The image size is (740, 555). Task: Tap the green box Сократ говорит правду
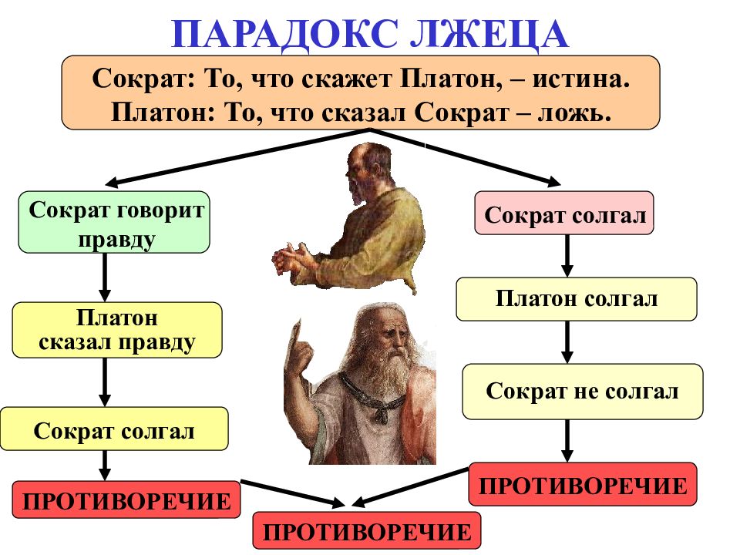tap(114, 222)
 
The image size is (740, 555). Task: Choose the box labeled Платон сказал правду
tap(116, 330)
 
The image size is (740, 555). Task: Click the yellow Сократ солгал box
tap(114, 429)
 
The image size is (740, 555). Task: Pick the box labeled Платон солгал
tap(576, 299)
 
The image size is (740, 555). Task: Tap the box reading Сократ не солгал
tap(582, 391)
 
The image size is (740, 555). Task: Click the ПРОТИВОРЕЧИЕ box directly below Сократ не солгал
tap(582, 484)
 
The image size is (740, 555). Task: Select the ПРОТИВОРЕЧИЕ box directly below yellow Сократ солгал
tap(126, 500)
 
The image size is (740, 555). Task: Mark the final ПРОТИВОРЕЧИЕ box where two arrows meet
tap(366, 530)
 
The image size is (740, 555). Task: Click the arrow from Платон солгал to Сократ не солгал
tap(567, 341)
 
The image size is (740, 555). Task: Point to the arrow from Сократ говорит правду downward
tap(105, 277)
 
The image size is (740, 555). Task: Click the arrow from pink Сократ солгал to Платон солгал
tap(567, 255)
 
